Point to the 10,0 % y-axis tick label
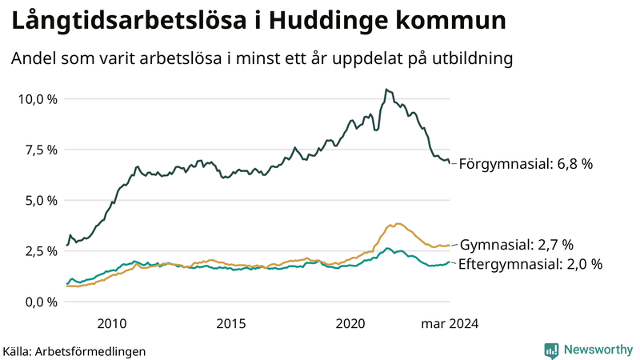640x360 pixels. pyautogui.click(x=38, y=99)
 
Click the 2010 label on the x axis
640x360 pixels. pyautogui.click(x=111, y=323)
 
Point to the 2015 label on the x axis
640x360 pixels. pyautogui.click(x=230, y=323)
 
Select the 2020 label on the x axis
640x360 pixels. pyautogui.click(x=350, y=323)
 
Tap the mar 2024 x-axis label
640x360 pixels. pyautogui.click(x=450, y=323)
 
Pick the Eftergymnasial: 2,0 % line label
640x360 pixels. pyautogui.click(x=530, y=264)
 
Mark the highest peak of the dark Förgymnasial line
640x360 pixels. pyautogui.click(x=386, y=90)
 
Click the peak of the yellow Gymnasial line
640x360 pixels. pyautogui.click(x=398, y=224)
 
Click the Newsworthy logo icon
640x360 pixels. pyautogui.click(x=551, y=350)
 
